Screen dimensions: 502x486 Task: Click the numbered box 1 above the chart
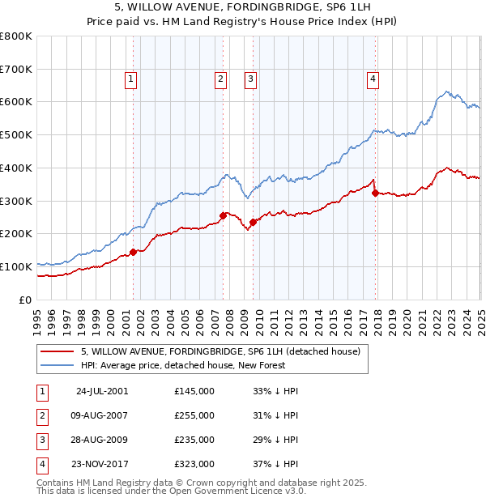coord(130,79)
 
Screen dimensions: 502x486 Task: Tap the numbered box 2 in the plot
coord(220,79)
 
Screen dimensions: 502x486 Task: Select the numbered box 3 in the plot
coord(251,79)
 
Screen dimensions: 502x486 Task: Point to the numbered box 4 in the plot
coord(373,79)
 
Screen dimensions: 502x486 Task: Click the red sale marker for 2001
coord(134,252)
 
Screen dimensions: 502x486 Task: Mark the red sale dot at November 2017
coord(375,193)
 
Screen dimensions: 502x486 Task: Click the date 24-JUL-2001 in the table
coord(101,391)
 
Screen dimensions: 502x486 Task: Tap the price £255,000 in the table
coord(194,415)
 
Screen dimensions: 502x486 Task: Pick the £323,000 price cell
coord(194,464)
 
